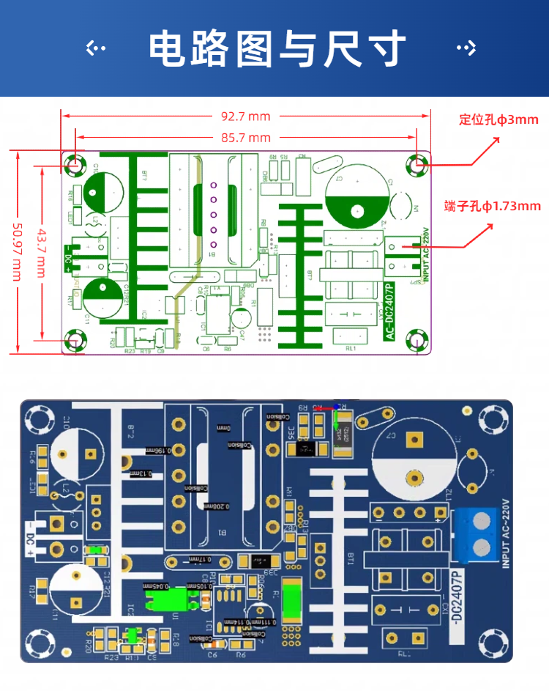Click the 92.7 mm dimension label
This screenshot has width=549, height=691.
point(245,116)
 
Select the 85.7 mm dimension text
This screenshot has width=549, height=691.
point(245,138)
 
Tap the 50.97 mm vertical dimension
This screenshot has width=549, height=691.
point(17,251)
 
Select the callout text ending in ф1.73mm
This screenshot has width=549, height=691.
point(493,207)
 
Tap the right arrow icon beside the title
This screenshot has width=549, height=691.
point(466,49)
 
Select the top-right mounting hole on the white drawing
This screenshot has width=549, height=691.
point(418,165)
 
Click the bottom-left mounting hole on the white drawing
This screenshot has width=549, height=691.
point(75,340)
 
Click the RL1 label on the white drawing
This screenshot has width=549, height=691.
point(350,349)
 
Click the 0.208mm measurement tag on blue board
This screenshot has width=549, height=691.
point(217,506)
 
